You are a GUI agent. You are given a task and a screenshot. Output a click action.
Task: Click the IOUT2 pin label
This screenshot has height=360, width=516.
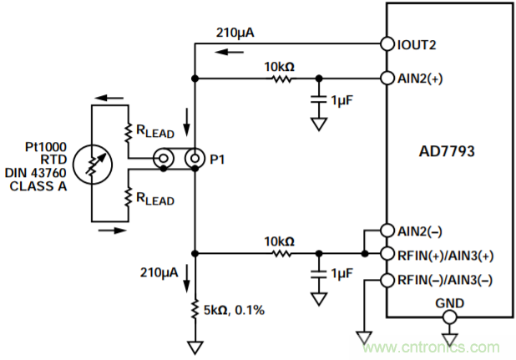pyautogui.click(x=417, y=43)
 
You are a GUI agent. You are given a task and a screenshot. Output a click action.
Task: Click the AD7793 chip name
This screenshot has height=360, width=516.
pyautogui.click(x=448, y=154)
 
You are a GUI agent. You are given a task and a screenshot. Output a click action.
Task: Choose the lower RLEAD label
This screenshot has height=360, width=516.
pyautogui.click(x=154, y=199)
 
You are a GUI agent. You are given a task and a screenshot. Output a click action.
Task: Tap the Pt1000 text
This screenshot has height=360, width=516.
pyautogui.click(x=43, y=145)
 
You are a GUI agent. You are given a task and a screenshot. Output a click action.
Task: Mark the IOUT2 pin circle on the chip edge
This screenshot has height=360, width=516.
pyautogui.click(x=386, y=43)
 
